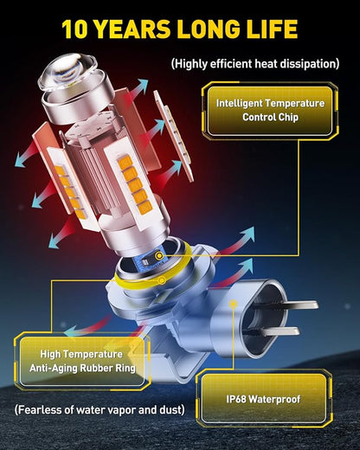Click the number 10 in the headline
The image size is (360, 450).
(x=74, y=29)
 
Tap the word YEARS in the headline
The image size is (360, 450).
(x=132, y=29)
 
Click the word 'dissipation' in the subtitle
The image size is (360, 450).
(x=308, y=63)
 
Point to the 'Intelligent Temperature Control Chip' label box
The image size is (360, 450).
(x=270, y=111)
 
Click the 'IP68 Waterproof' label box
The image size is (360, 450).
(x=263, y=399)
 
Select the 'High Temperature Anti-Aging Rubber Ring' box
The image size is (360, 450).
(x=82, y=361)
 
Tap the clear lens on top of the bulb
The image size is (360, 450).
(x=68, y=70)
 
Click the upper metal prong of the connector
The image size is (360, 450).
(x=294, y=305)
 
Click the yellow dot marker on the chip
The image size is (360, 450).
(x=159, y=255)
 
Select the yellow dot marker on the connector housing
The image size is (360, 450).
(x=233, y=304)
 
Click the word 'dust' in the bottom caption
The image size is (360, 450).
(x=171, y=409)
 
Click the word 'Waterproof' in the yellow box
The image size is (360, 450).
(x=274, y=399)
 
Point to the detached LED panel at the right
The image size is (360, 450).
(x=173, y=136)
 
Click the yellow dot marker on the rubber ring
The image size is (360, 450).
(x=162, y=280)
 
